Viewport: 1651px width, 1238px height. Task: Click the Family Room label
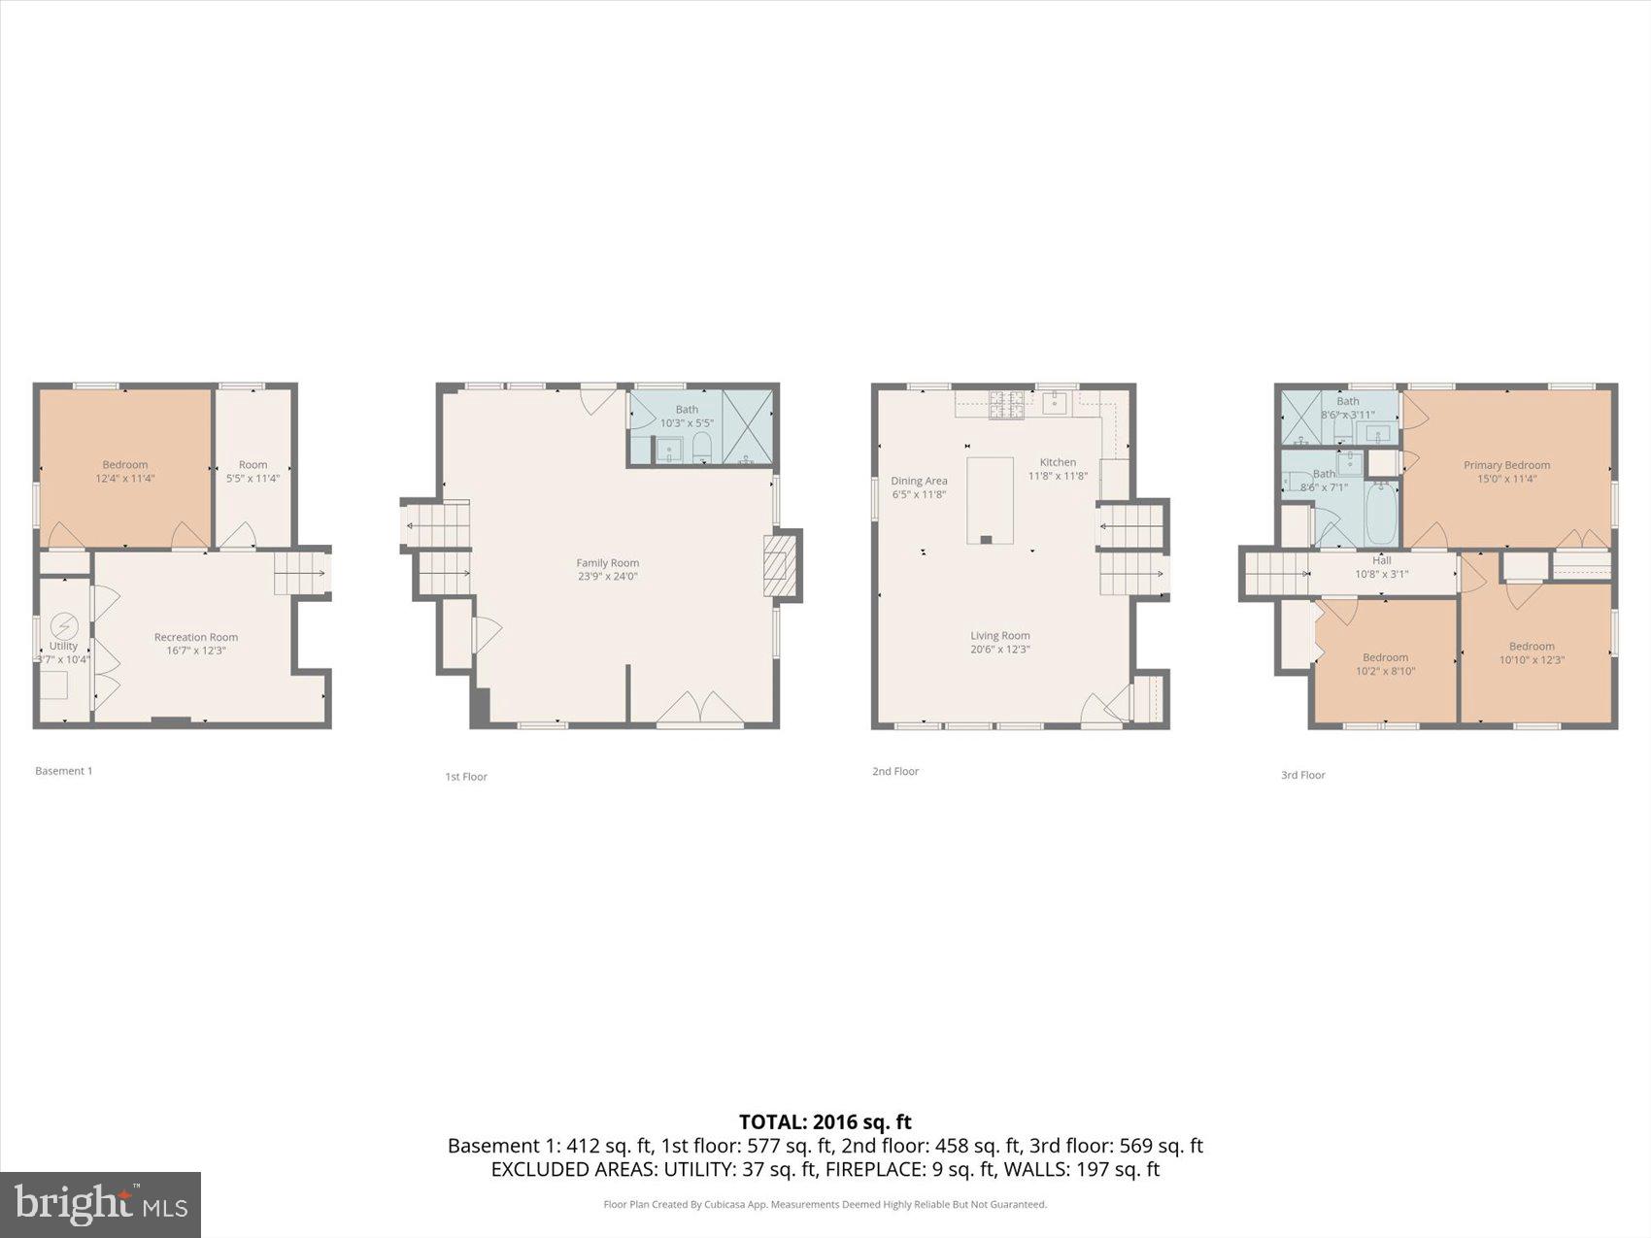tap(607, 563)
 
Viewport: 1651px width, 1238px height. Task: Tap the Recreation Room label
tap(195, 638)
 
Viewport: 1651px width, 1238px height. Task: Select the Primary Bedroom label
tap(1506, 465)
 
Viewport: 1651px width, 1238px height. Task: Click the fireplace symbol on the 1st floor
tap(777, 566)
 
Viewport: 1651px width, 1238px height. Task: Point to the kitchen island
tap(990, 500)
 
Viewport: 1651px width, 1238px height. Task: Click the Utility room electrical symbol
tap(64, 624)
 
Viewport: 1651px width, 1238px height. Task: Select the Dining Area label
tap(919, 482)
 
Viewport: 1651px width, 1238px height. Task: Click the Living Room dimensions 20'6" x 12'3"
tap(999, 650)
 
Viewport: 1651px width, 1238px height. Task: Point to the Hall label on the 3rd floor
tap(1381, 560)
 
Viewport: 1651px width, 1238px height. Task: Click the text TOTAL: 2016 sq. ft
tap(825, 1122)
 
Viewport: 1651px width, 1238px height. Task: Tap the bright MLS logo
tap(101, 1204)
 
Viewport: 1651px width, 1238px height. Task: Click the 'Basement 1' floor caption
tap(64, 771)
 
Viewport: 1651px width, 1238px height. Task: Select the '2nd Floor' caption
tap(894, 771)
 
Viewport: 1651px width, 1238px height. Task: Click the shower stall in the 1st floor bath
tap(748, 427)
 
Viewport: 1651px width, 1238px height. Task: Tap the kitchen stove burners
tap(1007, 405)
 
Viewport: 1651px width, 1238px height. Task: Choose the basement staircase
tap(299, 573)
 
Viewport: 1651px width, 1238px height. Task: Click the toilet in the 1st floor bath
tap(702, 448)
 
